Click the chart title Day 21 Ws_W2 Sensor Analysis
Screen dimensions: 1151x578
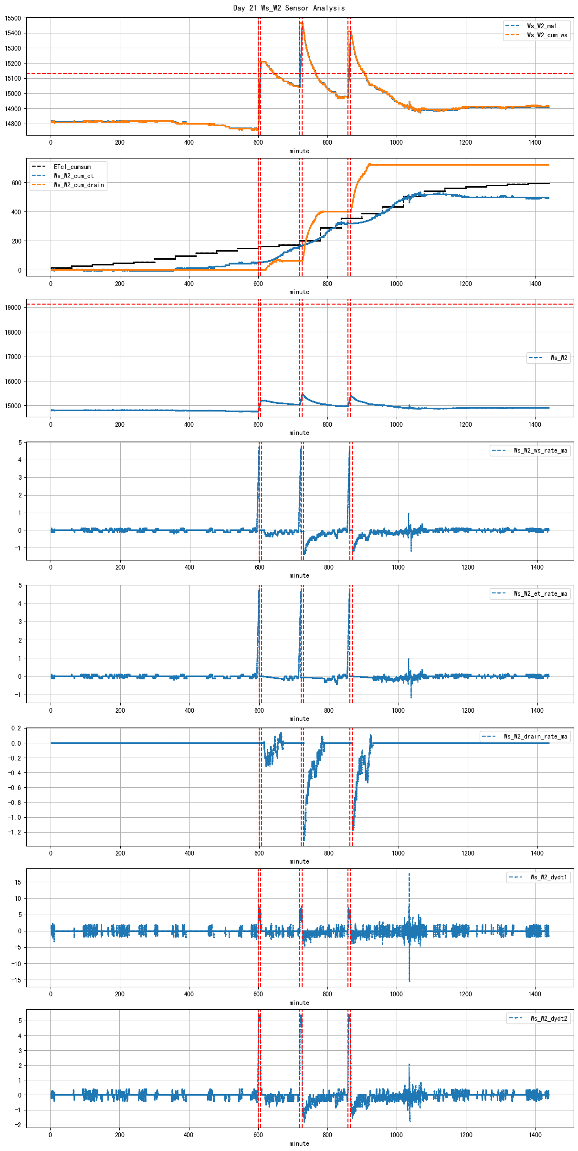click(x=289, y=8)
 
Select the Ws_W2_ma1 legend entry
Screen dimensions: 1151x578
click(x=542, y=26)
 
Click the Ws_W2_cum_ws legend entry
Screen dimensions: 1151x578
click(x=547, y=35)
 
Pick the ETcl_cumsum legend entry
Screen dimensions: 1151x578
click(x=72, y=167)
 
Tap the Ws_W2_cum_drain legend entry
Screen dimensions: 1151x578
click(x=79, y=185)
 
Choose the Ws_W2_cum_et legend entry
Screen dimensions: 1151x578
click(x=74, y=176)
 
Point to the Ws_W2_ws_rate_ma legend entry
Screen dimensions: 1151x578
click(x=540, y=450)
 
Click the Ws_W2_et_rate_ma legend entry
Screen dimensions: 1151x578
click(x=540, y=593)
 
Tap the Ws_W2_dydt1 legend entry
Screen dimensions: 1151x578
click(x=549, y=877)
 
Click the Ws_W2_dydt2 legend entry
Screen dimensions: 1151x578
click(x=549, y=1018)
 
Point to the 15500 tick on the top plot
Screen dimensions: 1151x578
click(x=13, y=18)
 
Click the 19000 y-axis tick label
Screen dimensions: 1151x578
click(x=13, y=307)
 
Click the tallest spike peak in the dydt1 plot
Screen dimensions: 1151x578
click(x=409, y=874)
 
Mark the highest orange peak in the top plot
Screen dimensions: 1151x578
click(x=302, y=22)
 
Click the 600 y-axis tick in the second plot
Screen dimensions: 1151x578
click(x=16, y=183)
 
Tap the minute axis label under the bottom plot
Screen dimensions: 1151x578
click(x=299, y=1143)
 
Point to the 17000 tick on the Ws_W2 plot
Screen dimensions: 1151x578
click(x=13, y=357)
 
